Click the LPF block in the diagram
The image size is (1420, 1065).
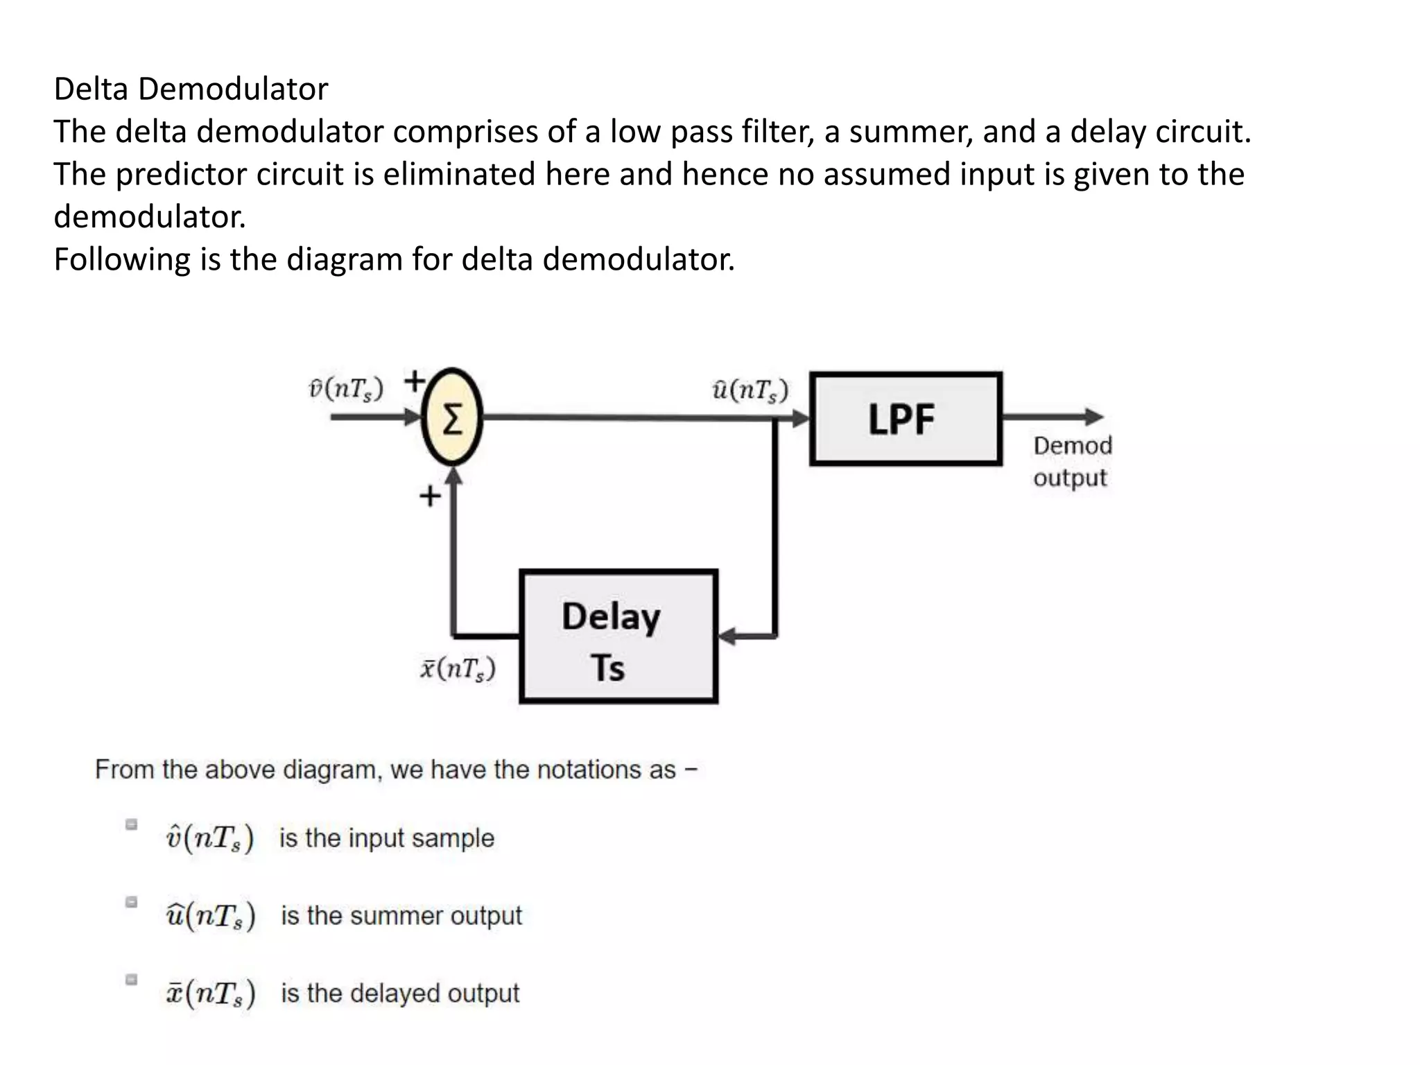coord(906,419)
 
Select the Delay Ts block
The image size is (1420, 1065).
coord(618,637)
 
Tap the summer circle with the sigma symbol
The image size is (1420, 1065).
coord(452,417)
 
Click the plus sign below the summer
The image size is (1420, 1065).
coord(430,496)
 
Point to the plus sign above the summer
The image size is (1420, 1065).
coord(415,381)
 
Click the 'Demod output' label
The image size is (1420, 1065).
coord(1072,461)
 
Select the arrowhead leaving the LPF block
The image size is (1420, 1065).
coord(1093,417)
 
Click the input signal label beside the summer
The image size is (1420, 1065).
coord(345,390)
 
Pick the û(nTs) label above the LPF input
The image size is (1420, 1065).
coord(750,390)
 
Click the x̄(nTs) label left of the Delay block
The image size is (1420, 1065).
coord(458,668)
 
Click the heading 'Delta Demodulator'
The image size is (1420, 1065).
coord(191,89)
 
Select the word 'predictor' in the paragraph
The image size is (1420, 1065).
coord(181,174)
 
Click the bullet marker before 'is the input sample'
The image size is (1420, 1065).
coord(131,824)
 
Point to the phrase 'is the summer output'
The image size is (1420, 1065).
coord(401,916)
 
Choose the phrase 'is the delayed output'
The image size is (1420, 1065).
coord(399,994)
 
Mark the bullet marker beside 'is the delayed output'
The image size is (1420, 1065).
coord(131,980)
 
